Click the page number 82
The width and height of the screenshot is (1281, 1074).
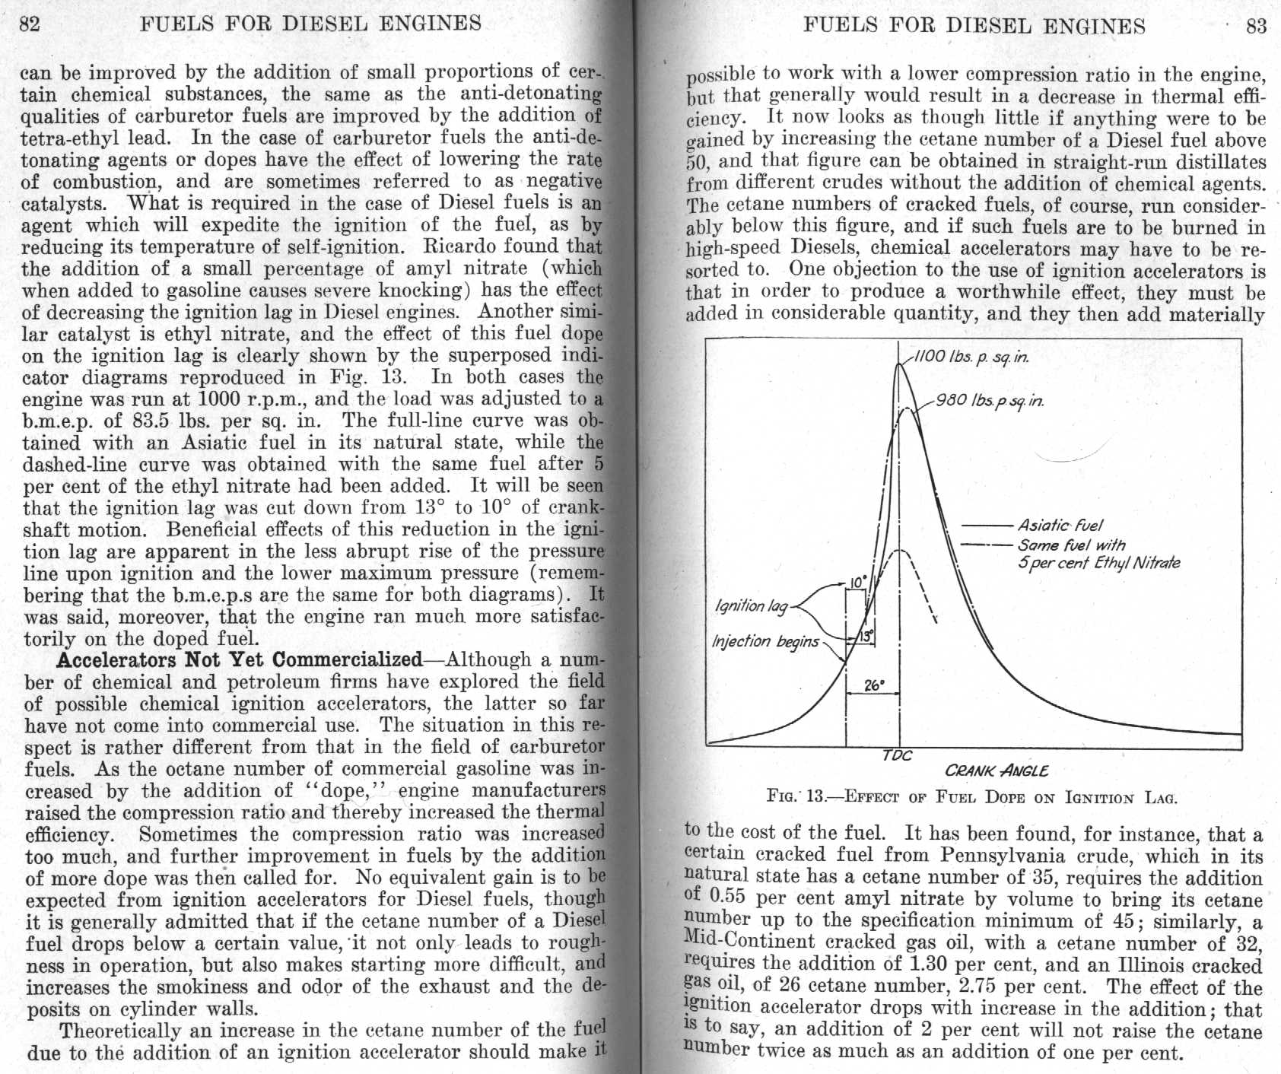[29, 24]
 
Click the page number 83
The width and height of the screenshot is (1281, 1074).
[1256, 27]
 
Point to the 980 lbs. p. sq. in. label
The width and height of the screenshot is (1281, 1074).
[990, 400]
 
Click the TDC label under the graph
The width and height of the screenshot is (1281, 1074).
[897, 756]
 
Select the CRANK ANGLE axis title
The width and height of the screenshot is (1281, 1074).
[997, 771]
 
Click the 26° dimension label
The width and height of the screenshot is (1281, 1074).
[873, 685]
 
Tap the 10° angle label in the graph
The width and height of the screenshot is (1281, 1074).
[856, 583]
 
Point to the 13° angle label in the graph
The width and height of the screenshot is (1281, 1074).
[866, 636]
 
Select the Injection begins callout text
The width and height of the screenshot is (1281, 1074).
[765, 641]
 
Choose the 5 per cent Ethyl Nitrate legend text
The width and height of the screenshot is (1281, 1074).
[1098, 564]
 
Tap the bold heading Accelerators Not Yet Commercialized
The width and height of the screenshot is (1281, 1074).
[239, 659]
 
